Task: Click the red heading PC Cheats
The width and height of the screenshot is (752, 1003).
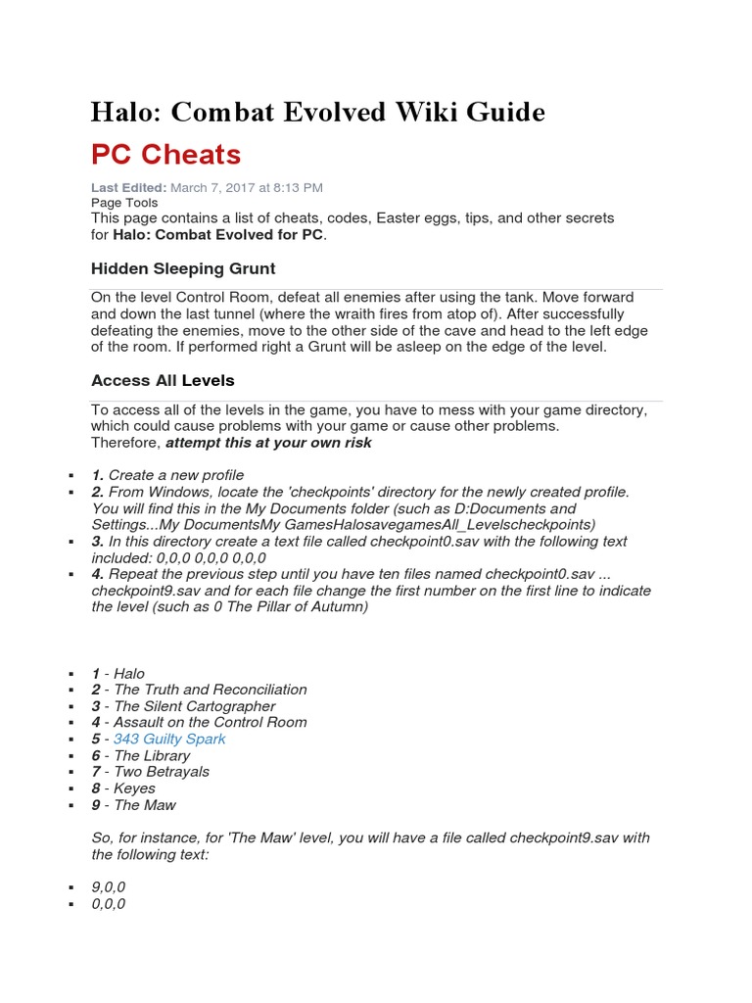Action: pyautogui.click(x=165, y=154)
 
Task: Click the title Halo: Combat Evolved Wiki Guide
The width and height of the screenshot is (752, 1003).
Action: pyautogui.click(x=317, y=113)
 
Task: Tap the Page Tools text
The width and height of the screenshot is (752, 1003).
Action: pyautogui.click(x=124, y=203)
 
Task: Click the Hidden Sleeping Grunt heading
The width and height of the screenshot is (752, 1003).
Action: pyautogui.click(x=183, y=268)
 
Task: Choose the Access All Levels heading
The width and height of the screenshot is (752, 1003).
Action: pyautogui.click(x=163, y=380)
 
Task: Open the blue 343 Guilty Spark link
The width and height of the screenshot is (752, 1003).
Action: pyautogui.click(x=169, y=739)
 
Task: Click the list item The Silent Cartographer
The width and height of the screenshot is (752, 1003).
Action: pyautogui.click(x=194, y=706)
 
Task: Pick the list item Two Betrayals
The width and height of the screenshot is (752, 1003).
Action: pyautogui.click(x=162, y=772)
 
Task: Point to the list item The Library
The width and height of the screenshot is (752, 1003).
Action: pyautogui.click(x=152, y=755)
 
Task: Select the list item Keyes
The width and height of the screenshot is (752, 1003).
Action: pyautogui.click(x=134, y=788)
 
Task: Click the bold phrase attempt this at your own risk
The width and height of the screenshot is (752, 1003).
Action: pyautogui.click(x=268, y=443)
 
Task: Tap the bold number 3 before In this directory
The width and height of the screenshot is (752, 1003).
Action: pyautogui.click(x=97, y=542)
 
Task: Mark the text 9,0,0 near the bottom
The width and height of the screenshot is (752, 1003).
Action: pyautogui.click(x=109, y=887)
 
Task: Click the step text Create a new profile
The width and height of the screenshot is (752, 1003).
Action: pyautogui.click(x=176, y=475)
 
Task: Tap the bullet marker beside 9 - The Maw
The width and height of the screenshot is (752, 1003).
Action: pyautogui.click(x=71, y=805)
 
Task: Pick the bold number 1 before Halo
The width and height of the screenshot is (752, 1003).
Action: pyautogui.click(x=96, y=673)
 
